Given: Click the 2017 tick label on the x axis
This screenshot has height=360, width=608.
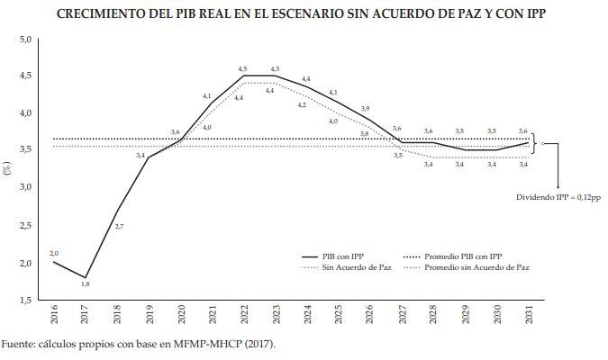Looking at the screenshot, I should click(86, 317).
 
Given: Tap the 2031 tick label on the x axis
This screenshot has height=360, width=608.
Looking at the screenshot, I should click(527, 317).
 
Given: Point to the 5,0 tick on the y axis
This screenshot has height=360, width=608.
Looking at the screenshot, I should click(25, 40).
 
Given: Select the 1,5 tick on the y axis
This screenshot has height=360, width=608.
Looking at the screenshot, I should click(25, 300).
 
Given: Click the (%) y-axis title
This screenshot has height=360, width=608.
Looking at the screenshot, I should click(7, 169).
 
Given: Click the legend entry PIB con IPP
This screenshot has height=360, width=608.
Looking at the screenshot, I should click(345, 256).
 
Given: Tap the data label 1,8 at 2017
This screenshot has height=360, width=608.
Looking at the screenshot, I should click(86, 284).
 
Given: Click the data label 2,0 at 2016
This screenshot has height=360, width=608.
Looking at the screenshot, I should click(54, 253).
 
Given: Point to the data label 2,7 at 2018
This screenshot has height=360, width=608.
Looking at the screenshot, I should click(119, 226).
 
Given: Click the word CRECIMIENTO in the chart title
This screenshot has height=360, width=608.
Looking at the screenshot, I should click(102, 14).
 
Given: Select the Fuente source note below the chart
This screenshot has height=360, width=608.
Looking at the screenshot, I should click(137, 344).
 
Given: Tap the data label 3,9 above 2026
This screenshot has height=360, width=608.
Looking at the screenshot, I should click(365, 109).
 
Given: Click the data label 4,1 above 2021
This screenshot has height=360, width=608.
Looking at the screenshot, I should click(207, 95).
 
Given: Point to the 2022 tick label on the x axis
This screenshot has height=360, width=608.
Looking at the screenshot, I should click(243, 317).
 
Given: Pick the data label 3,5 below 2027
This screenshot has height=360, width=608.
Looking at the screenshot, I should click(397, 156).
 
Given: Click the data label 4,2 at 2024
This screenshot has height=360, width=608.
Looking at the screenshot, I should click(302, 105).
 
